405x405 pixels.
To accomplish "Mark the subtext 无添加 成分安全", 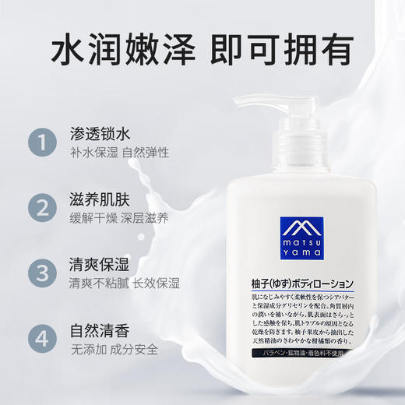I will point(113,350).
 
